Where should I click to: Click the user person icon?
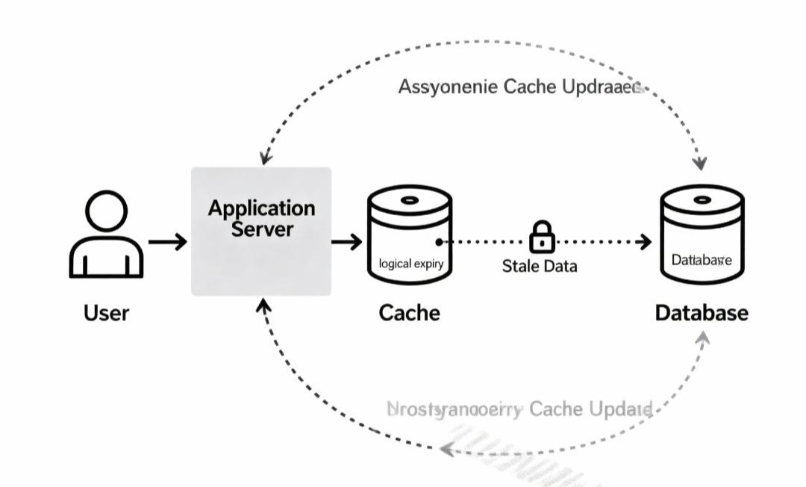[x=105, y=235]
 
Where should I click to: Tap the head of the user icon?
[x=106, y=211]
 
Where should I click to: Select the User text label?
[x=106, y=312]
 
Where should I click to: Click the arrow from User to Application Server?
[x=168, y=242]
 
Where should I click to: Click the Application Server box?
[x=261, y=231]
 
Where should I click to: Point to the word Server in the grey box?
[x=261, y=229]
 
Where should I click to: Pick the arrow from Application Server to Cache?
[x=346, y=242]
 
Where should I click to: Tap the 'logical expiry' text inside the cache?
[x=410, y=264]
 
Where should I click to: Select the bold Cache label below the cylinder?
[x=410, y=312]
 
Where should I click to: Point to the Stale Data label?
[x=539, y=266]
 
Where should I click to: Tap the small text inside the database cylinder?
[x=702, y=261]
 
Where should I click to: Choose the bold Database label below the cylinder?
[x=702, y=312]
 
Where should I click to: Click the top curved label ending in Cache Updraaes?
[x=520, y=87]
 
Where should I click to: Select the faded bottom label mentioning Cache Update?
[x=520, y=409]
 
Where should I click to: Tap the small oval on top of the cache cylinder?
[x=410, y=200]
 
